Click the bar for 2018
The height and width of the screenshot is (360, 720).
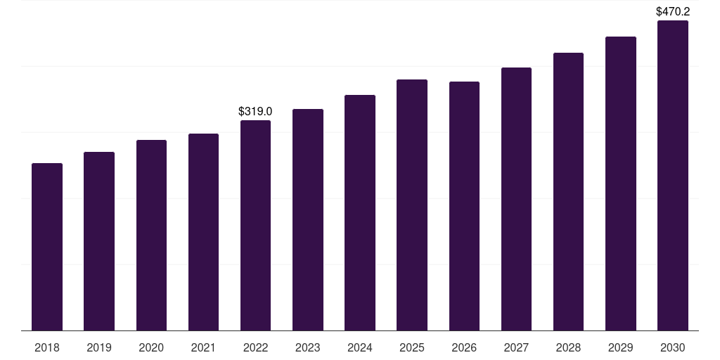47,247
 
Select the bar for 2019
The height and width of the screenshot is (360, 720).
99,241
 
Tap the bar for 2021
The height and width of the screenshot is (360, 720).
203,232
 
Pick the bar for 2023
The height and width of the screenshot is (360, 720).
308,219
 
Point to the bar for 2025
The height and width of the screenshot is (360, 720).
412,205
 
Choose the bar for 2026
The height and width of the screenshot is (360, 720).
464,206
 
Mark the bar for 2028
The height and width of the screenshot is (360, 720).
568,191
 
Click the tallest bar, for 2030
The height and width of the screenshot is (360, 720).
673,175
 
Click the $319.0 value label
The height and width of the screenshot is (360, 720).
255,111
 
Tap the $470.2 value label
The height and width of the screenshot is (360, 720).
673,11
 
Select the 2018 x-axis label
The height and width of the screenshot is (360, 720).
47,347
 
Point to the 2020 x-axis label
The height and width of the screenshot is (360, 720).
151,347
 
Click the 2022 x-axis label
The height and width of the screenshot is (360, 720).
255,347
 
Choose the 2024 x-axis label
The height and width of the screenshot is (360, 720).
359,347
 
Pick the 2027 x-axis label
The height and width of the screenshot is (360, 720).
516,347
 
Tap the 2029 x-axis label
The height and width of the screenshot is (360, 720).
620,347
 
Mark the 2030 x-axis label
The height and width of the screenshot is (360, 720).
673,347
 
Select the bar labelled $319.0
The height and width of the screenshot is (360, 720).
255,226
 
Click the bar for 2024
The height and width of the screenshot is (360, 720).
360,212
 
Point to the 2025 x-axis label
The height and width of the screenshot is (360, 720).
412,347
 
